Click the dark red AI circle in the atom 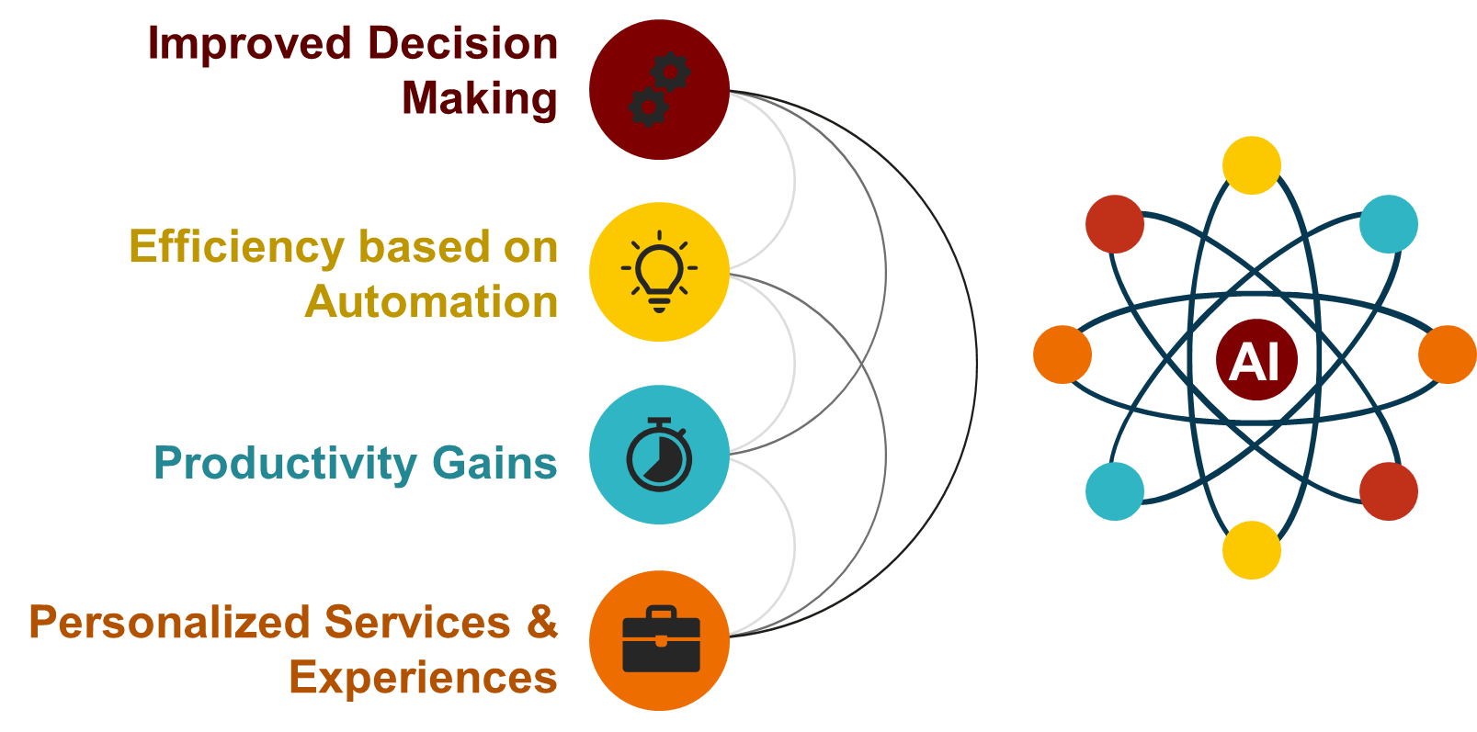click(x=1256, y=360)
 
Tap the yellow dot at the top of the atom click(x=1252, y=165)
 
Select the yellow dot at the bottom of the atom click(x=1252, y=550)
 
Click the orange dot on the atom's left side click(x=1062, y=355)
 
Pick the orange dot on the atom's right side click(x=1447, y=355)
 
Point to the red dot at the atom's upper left click(x=1114, y=224)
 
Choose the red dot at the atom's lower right click(x=1389, y=491)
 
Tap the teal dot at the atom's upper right click(x=1389, y=224)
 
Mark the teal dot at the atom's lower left click(x=1114, y=491)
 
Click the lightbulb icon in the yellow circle click(x=659, y=271)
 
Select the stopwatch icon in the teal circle click(x=659, y=454)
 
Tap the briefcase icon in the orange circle click(x=662, y=638)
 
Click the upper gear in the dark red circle click(x=670, y=72)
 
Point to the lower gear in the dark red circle click(x=648, y=107)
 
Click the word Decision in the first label click(x=462, y=43)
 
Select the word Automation click(x=431, y=302)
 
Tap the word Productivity click(x=286, y=464)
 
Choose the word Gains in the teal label click(x=494, y=463)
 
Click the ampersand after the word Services click(x=542, y=621)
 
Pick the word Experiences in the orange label click(x=424, y=678)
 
